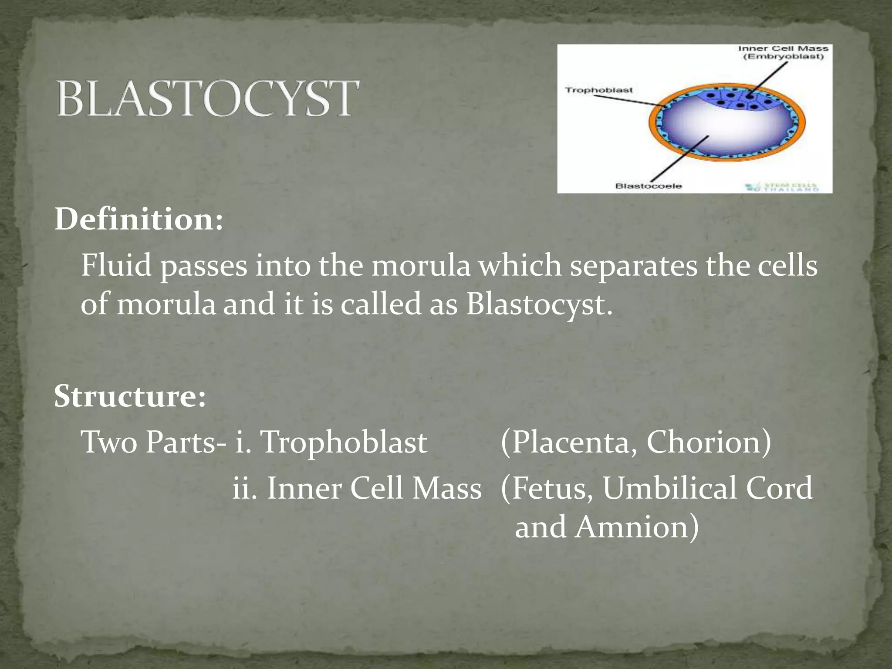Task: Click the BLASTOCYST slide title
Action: (x=208, y=98)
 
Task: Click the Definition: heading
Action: (x=139, y=220)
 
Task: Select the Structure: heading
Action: (x=130, y=396)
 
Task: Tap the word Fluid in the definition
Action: (x=116, y=266)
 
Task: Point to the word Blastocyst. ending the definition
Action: (x=539, y=304)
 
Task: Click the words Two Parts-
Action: (x=154, y=443)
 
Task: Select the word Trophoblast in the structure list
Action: (x=343, y=443)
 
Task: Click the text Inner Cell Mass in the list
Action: (x=374, y=488)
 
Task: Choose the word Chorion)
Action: (x=709, y=443)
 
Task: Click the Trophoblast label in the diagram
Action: (x=598, y=90)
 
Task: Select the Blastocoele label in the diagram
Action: (x=648, y=186)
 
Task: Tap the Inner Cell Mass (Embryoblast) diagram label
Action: (x=783, y=53)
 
